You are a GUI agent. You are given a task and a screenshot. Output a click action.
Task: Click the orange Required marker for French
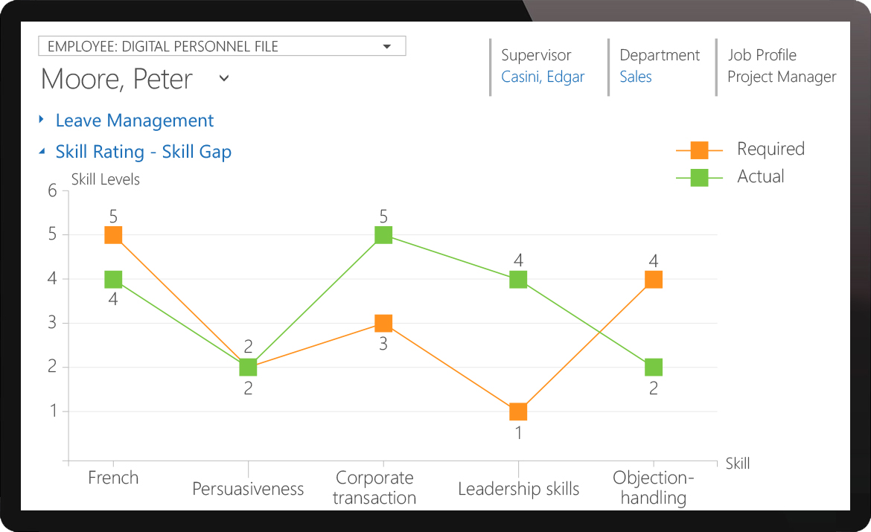coord(113,235)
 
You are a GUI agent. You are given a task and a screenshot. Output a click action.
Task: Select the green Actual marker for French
coord(113,280)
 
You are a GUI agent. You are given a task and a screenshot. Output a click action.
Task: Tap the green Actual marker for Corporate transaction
coord(383,235)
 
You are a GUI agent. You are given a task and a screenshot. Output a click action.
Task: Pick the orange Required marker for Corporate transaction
coord(383,323)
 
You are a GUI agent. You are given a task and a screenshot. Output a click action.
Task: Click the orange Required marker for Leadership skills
coord(518,411)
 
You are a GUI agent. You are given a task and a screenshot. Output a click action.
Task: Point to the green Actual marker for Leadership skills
coord(518,280)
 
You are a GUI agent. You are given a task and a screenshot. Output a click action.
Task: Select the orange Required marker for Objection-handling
coord(654,280)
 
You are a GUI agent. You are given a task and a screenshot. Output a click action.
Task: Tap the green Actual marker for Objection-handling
coord(654,368)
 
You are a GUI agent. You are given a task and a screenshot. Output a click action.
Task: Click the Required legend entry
coord(770,150)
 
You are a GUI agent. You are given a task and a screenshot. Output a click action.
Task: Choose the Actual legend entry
coord(760,177)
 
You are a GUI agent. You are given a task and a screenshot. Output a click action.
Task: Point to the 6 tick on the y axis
coord(52,191)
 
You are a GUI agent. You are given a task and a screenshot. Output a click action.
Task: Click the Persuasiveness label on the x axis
coord(248,489)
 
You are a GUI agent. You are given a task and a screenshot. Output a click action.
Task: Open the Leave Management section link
coord(135,121)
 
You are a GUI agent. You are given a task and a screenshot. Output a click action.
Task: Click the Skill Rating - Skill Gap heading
coord(144,152)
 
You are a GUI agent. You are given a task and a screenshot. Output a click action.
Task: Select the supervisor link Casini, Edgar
coord(543,77)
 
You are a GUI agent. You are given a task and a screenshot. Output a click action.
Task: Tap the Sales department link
coord(636,77)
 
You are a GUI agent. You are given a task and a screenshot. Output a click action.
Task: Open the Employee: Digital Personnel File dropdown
coord(222,46)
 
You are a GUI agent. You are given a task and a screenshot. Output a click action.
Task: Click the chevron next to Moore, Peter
coord(223,78)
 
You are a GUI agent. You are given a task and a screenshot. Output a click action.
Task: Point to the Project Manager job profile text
coord(782,77)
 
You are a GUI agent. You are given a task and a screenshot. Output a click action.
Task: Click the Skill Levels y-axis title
coord(105,179)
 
